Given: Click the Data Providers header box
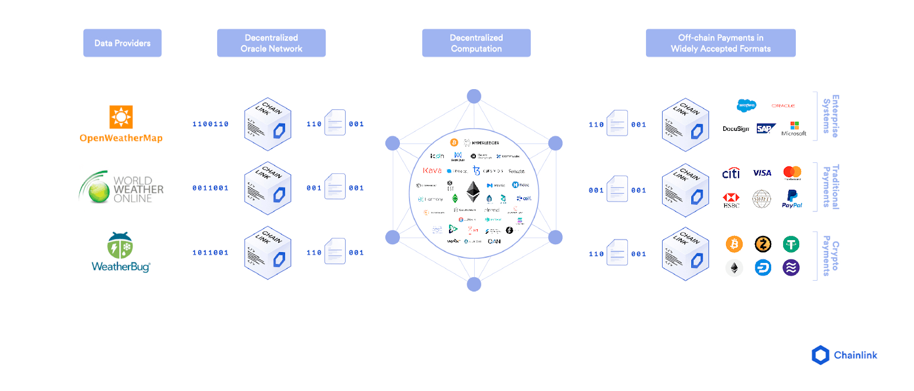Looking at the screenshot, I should point(122,43).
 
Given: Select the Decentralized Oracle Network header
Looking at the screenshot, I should point(271,43).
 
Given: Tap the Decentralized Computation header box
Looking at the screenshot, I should point(476,43).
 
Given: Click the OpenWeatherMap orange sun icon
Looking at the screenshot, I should point(121,117).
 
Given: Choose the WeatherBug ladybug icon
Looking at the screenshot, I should point(120,246).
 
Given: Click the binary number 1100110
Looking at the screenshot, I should point(210,124).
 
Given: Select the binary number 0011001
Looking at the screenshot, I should point(210,188).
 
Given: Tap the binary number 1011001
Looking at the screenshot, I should point(210,253).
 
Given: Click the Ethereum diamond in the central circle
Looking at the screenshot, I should point(473,191).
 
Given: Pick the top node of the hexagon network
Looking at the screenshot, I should point(474,96).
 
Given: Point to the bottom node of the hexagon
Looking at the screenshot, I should point(474,284).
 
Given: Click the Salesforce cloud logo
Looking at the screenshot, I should point(746,105).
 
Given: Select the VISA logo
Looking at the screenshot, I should point(762,173).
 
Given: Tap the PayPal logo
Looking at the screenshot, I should point(792,199).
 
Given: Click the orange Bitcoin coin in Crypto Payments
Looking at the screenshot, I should point(734,244).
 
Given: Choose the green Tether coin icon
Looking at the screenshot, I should point(791,245).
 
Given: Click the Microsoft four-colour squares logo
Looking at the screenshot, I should point(794,125).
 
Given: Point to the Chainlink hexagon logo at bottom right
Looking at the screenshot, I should point(820,355).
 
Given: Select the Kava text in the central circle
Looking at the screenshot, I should point(432,170).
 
